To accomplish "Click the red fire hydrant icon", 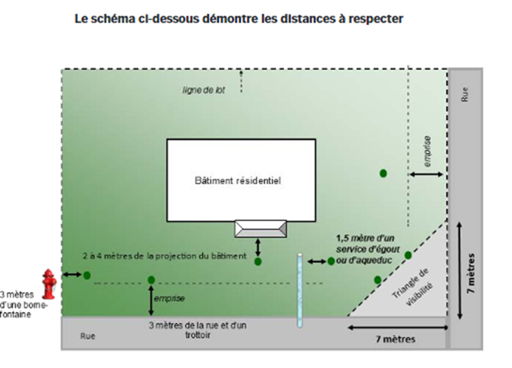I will pos(49,283).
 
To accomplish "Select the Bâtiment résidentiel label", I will pos(238,180).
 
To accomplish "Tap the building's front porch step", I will pos(260,228).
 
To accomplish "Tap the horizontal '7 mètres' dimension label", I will pos(396,339).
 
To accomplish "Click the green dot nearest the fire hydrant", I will pos(87,275).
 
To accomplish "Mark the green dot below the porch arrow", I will pos(258,262).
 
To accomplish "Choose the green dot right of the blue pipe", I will pos(331,261).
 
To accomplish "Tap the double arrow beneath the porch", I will pos(258,247).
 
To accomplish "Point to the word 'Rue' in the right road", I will pos(465,95).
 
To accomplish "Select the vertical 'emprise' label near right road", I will pos(428,149).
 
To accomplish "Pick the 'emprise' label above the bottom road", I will pos(169,298).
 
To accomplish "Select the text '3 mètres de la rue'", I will pos(197,326).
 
